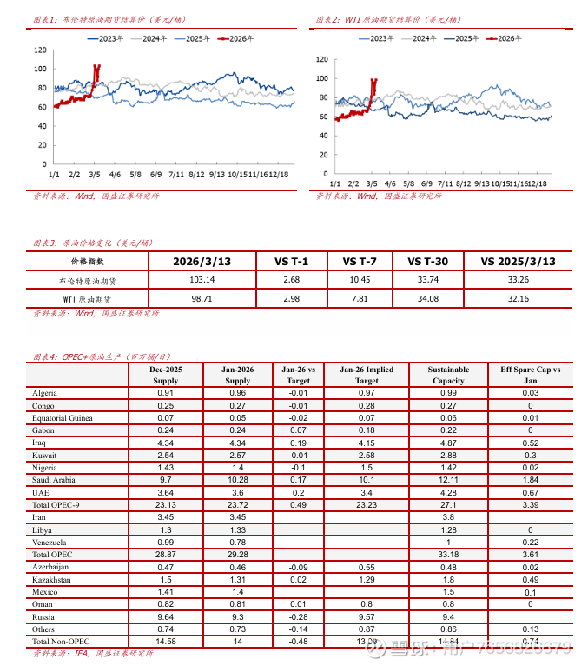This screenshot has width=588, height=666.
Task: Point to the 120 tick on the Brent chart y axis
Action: coord(41,50)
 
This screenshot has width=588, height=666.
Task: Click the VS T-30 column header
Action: coord(428,261)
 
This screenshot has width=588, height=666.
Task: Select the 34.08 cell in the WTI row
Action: coord(428,298)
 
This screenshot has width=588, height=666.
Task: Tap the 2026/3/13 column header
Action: coord(202,261)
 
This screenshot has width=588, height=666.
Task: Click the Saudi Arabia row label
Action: coord(54,480)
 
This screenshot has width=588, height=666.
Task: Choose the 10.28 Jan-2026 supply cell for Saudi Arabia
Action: coord(238,480)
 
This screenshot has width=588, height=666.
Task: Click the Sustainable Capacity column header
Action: coord(448,375)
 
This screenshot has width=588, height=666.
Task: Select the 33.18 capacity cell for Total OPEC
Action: coord(448,554)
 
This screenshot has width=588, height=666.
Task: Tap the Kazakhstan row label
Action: coord(52,579)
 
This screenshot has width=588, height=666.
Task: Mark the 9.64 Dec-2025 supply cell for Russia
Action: coord(166,616)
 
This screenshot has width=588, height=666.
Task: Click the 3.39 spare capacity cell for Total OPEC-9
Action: coord(531,504)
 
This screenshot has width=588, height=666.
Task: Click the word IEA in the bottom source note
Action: coord(81,653)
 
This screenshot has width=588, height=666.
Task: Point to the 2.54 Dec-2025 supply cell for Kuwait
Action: coord(166,455)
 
